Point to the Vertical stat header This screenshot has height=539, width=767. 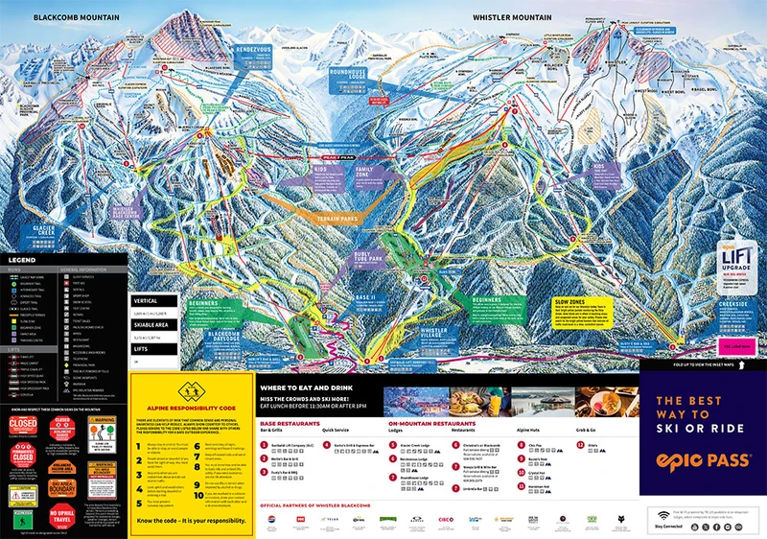tap(147, 301)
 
